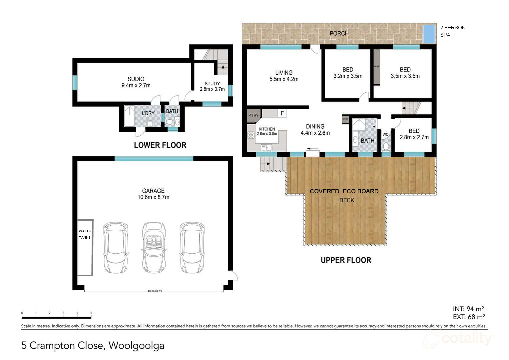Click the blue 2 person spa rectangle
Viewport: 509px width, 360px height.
pyautogui.click(x=429, y=34)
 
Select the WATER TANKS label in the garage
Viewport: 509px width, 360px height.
pyautogui.click(x=85, y=234)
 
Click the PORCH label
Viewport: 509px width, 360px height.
pyautogui.click(x=339, y=33)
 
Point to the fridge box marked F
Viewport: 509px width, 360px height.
pyautogui.click(x=282, y=113)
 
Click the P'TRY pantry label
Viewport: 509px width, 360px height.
pyautogui.click(x=253, y=115)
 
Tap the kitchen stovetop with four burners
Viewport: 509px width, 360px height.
pyautogui.click(x=251, y=135)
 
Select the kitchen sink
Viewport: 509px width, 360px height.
pyautogui.click(x=266, y=147)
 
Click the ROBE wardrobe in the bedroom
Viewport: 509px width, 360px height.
pyautogui.click(x=376, y=67)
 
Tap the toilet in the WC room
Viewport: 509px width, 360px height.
pyautogui.click(x=386, y=146)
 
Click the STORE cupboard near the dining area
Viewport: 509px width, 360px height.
pyautogui.click(x=345, y=119)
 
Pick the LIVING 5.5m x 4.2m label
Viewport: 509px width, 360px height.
pyautogui.click(x=284, y=76)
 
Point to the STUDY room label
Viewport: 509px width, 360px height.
pyautogui.click(x=212, y=86)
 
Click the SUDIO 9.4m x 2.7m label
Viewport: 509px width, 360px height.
pyautogui.click(x=136, y=82)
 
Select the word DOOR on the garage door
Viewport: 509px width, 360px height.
pyautogui.click(x=155, y=291)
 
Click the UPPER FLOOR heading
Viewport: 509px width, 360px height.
pyautogui.click(x=346, y=260)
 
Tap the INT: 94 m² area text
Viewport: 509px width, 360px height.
pyautogui.click(x=468, y=309)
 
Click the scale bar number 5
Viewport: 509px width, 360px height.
pyautogui.click(x=91, y=313)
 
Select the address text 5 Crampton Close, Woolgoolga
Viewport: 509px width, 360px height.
pyautogui.click(x=93, y=345)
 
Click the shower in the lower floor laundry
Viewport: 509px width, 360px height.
pyautogui.click(x=129, y=116)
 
